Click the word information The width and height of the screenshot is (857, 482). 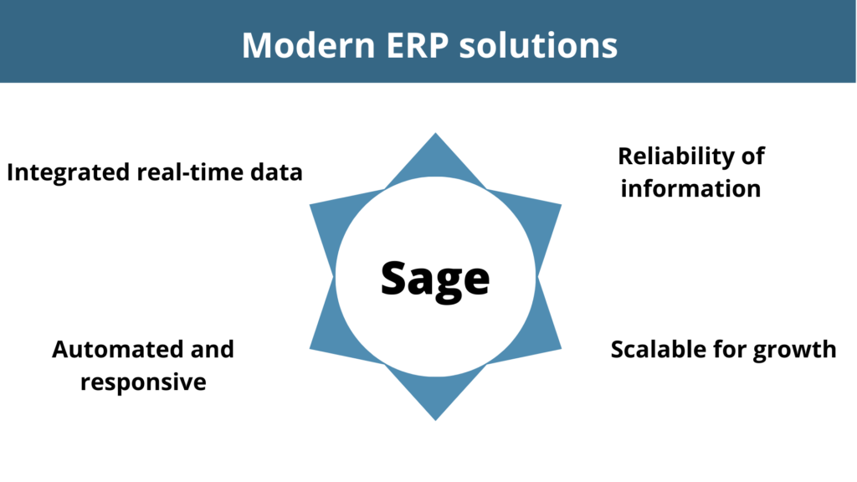tap(690, 188)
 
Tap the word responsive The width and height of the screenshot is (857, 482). tap(143, 382)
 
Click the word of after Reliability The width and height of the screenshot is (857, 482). tap(753, 156)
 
